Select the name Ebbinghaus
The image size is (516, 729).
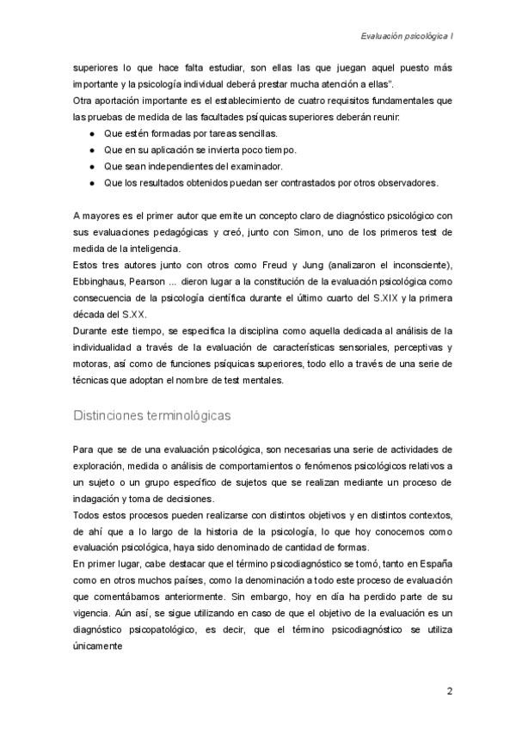[x=104, y=280]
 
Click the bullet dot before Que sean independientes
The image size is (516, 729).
[x=92, y=166]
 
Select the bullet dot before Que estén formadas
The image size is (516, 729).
[x=92, y=135]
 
